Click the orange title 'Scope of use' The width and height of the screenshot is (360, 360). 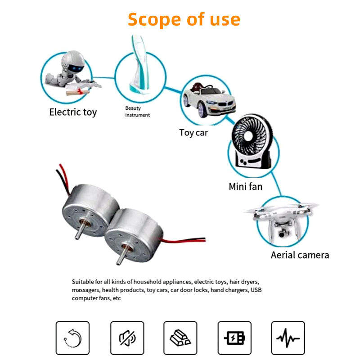184,19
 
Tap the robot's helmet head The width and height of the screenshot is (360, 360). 72,62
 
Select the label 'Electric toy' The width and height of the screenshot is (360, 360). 73,112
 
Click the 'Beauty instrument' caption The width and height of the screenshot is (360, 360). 137,112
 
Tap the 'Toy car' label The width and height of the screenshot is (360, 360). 193,133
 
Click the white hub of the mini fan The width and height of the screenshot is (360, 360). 248,136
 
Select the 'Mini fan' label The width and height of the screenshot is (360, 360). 245,186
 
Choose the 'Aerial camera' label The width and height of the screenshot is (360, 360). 300,255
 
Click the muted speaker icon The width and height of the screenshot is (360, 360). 127,338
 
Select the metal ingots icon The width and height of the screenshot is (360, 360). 180,338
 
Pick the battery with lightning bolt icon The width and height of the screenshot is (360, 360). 234,338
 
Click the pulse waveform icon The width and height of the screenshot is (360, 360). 288,338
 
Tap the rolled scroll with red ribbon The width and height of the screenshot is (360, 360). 77,92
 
